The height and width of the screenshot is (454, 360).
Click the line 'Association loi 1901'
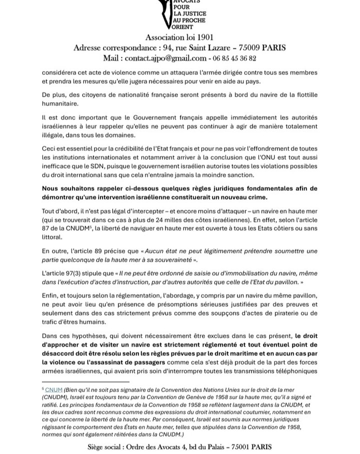179,37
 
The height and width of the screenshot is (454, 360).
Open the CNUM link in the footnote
54,388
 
